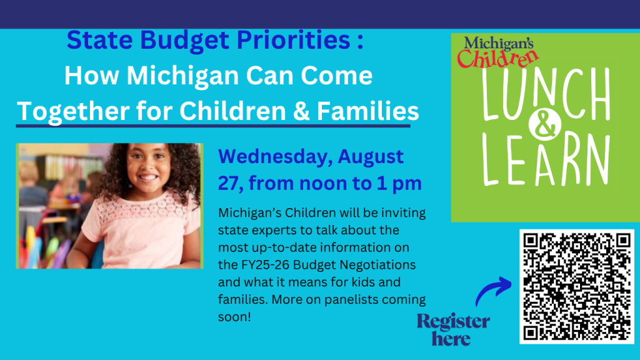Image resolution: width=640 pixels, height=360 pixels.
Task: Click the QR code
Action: point(576,286)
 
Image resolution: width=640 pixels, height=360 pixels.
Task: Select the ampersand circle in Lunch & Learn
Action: point(544,124)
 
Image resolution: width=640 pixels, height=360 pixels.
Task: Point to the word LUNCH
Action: point(546,94)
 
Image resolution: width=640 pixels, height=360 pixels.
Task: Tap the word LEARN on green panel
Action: point(546,160)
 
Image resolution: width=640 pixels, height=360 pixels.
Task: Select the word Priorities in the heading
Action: point(294,40)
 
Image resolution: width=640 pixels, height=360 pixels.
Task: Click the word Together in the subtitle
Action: point(73,111)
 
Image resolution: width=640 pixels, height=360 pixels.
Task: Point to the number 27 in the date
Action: point(227,183)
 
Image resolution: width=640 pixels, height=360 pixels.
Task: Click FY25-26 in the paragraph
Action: point(264,265)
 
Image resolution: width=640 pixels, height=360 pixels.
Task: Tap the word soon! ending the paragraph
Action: point(234,317)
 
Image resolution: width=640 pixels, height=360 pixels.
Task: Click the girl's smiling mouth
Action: point(148,177)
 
